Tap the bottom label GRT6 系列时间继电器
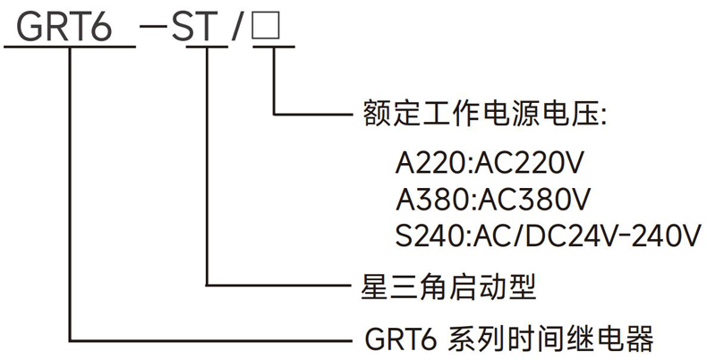point(510,339)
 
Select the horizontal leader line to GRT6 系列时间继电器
point(215,339)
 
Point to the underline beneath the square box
point(268,46)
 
